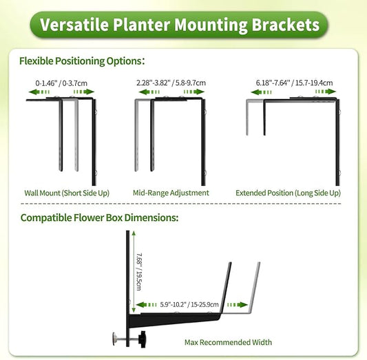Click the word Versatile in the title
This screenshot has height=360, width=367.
click(x=72, y=25)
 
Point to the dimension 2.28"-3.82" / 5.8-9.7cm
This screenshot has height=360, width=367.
click(x=171, y=83)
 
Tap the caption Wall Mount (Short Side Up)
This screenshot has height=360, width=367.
click(x=67, y=193)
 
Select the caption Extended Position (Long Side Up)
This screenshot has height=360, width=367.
click(x=288, y=193)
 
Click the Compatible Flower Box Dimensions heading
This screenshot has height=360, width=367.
click(x=99, y=218)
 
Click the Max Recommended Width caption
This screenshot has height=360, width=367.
click(x=228, y=342)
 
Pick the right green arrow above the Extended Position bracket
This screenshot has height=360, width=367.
click(x=321, y=92)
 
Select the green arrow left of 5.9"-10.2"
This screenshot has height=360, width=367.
click(x=146, y=304)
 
